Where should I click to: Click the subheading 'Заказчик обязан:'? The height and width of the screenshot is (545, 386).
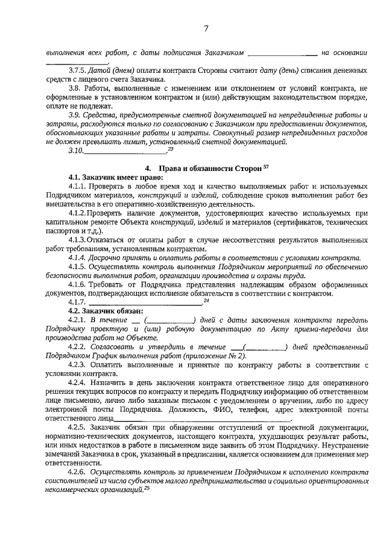114,311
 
